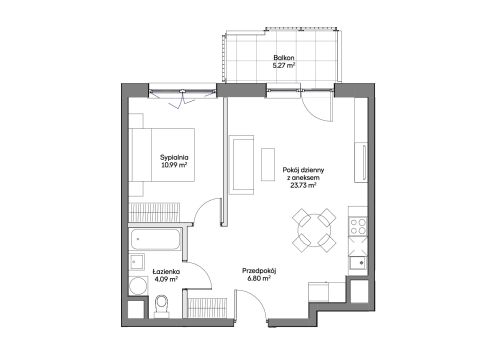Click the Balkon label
click(284, 58)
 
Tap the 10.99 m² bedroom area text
click(174, 165)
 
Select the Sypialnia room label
click(174, 157)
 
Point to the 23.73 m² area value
click(303, 186)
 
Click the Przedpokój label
click(259, 271)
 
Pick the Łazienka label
click(166, 272)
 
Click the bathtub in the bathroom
click(155, 239)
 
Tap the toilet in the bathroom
click(162, 305)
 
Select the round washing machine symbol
click(138, 286)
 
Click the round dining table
click(314, 231)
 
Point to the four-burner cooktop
click(358, 226)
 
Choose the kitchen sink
click(358, 262)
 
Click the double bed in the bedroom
click(162, 155)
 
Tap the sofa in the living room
click(241, 165)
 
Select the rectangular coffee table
click(268, 164)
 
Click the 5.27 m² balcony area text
click(284, 65)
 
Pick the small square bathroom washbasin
click(137, 262)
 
